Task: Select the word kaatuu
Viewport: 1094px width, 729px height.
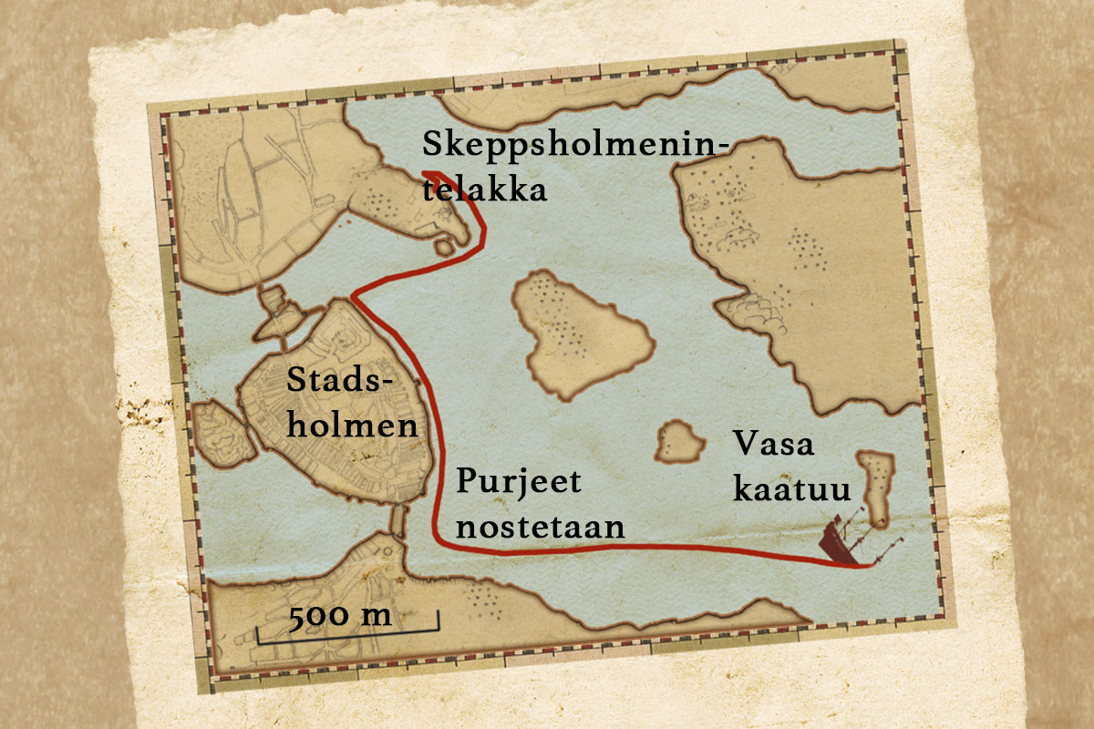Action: pyautogui.click(x=791, y=489)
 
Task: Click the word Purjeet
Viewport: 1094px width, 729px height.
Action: pyautogui.click(x=518, y=481)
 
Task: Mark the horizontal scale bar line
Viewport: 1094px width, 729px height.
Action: pyautogui.click(x=347, y=629)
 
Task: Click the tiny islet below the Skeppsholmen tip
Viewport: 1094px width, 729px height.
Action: pyautogui.click(x=444, y=246)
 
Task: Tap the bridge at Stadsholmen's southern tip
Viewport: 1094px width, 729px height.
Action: pyautogui.click(x=397, y=520)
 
